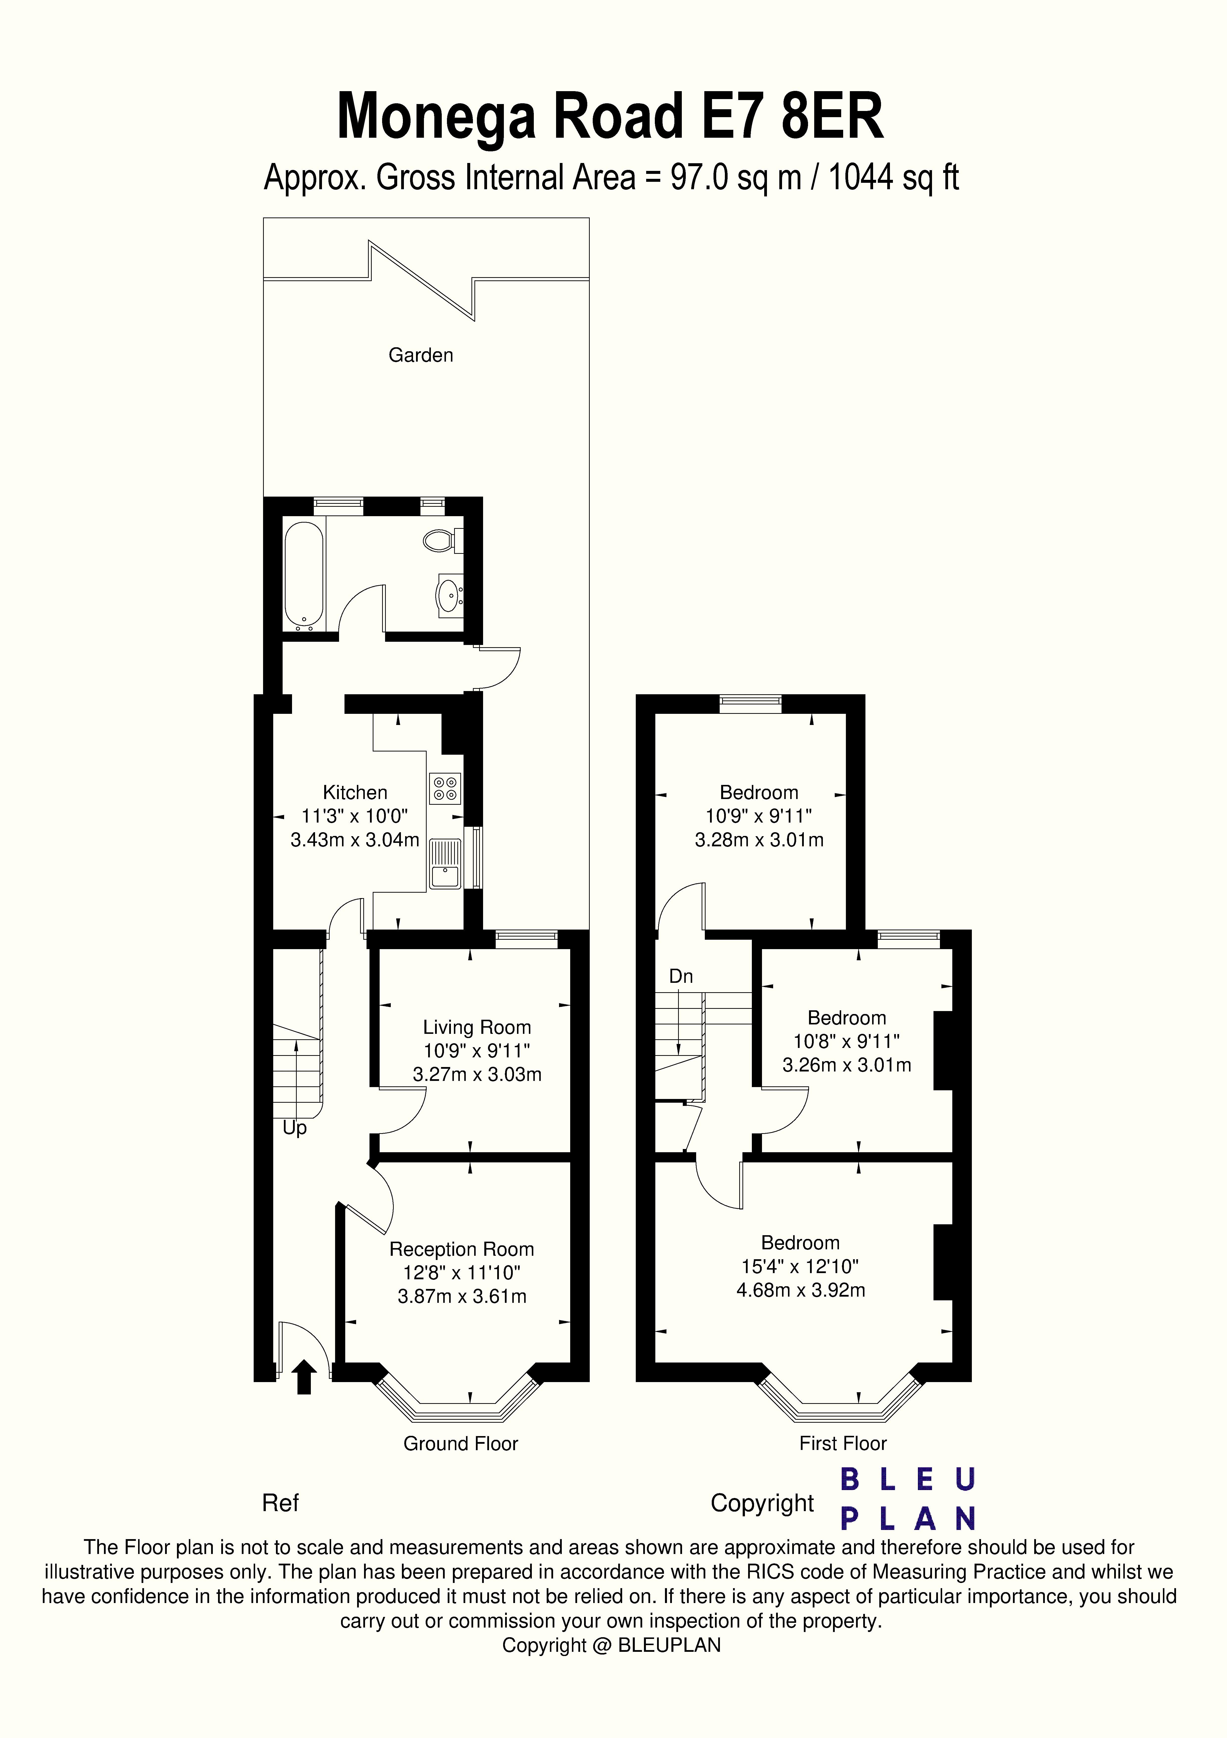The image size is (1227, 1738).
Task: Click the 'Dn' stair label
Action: [681, 976]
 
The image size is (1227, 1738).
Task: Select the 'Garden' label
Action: [421, 355]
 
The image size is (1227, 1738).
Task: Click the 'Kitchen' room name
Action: [355, 793]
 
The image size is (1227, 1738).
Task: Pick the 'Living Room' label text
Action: [477, 1027]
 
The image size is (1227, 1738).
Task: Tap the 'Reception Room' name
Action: [462, 1249]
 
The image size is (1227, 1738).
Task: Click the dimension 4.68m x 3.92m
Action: [800, 1290]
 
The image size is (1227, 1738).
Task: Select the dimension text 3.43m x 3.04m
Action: [355, 839]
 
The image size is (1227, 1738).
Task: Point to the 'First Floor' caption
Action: [843, 1444]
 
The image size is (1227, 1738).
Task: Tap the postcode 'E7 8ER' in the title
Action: [793, 117]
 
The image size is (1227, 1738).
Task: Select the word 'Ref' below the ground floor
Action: [280, 1503]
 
